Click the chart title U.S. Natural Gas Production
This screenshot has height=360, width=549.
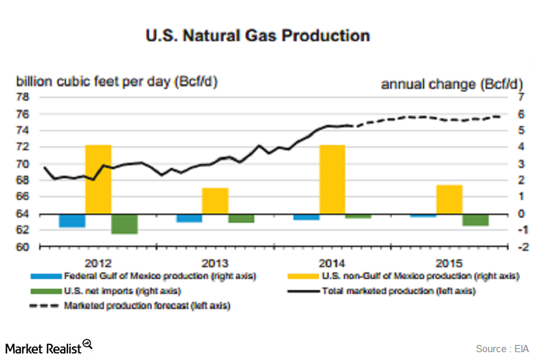(258, 35)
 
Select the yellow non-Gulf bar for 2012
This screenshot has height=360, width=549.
(98, 179)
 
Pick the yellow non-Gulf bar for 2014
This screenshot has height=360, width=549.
(332, 179)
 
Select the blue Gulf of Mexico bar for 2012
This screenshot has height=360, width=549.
(72, 220)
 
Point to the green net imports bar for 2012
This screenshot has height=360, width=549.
(124, 223)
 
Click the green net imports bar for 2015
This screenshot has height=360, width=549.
(475, 220)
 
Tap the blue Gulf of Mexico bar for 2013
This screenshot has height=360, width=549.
(189, 218)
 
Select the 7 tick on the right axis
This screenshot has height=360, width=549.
(521, 97)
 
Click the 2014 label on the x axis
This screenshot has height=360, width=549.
(332, 263)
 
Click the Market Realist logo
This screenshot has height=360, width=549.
(48, 347)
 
